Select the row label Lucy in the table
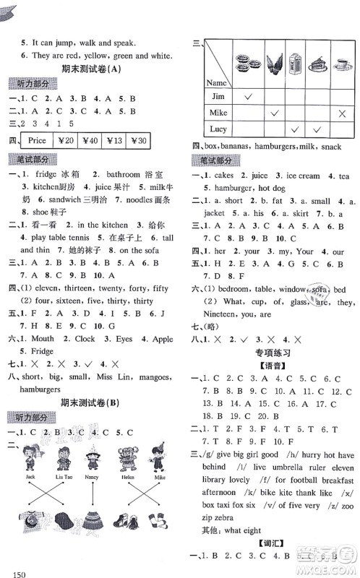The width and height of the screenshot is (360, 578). pos(218,129)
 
